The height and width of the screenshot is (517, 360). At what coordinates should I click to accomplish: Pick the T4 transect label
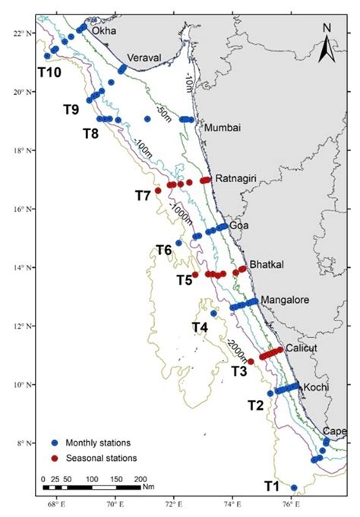tap(201, 327)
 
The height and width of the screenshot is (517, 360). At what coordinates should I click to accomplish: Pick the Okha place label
tap(103, 31)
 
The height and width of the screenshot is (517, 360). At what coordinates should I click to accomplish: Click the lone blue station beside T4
tap(213, 314)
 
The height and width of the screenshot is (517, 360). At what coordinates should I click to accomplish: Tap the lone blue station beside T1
tap(294, 487)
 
